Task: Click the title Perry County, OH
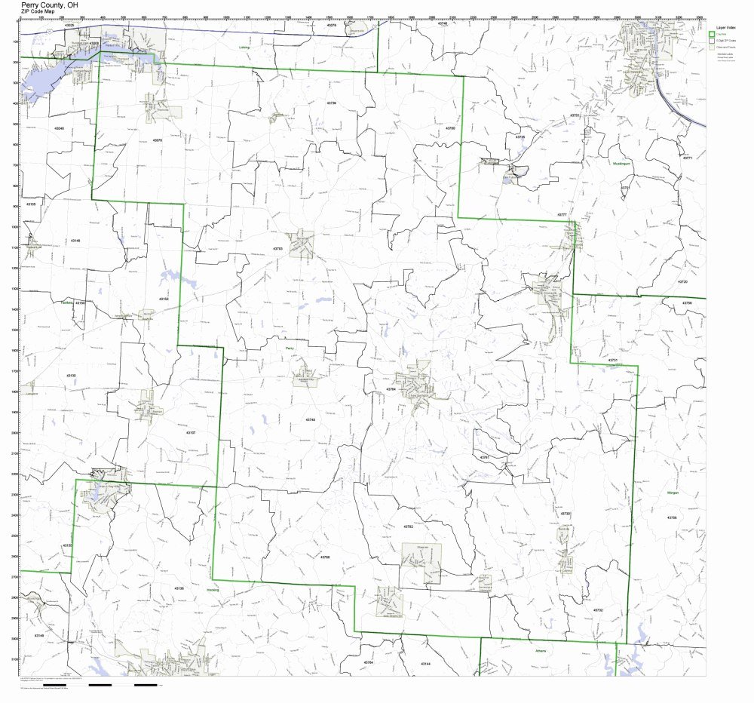coord(50,5)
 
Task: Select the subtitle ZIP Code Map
coord(37,12)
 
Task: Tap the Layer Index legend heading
coord(725,26)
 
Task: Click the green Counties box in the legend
coord(712,34)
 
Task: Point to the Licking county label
coord(244,47)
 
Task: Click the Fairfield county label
coord(67,302)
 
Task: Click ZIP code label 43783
coord(277,248)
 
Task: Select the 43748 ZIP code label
coord(311,419)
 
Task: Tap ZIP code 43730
coord(565,514)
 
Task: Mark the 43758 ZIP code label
coord(672,517)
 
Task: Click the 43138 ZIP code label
coord(179,588)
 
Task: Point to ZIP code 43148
coord(75,240)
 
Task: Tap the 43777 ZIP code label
coord(562,215)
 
